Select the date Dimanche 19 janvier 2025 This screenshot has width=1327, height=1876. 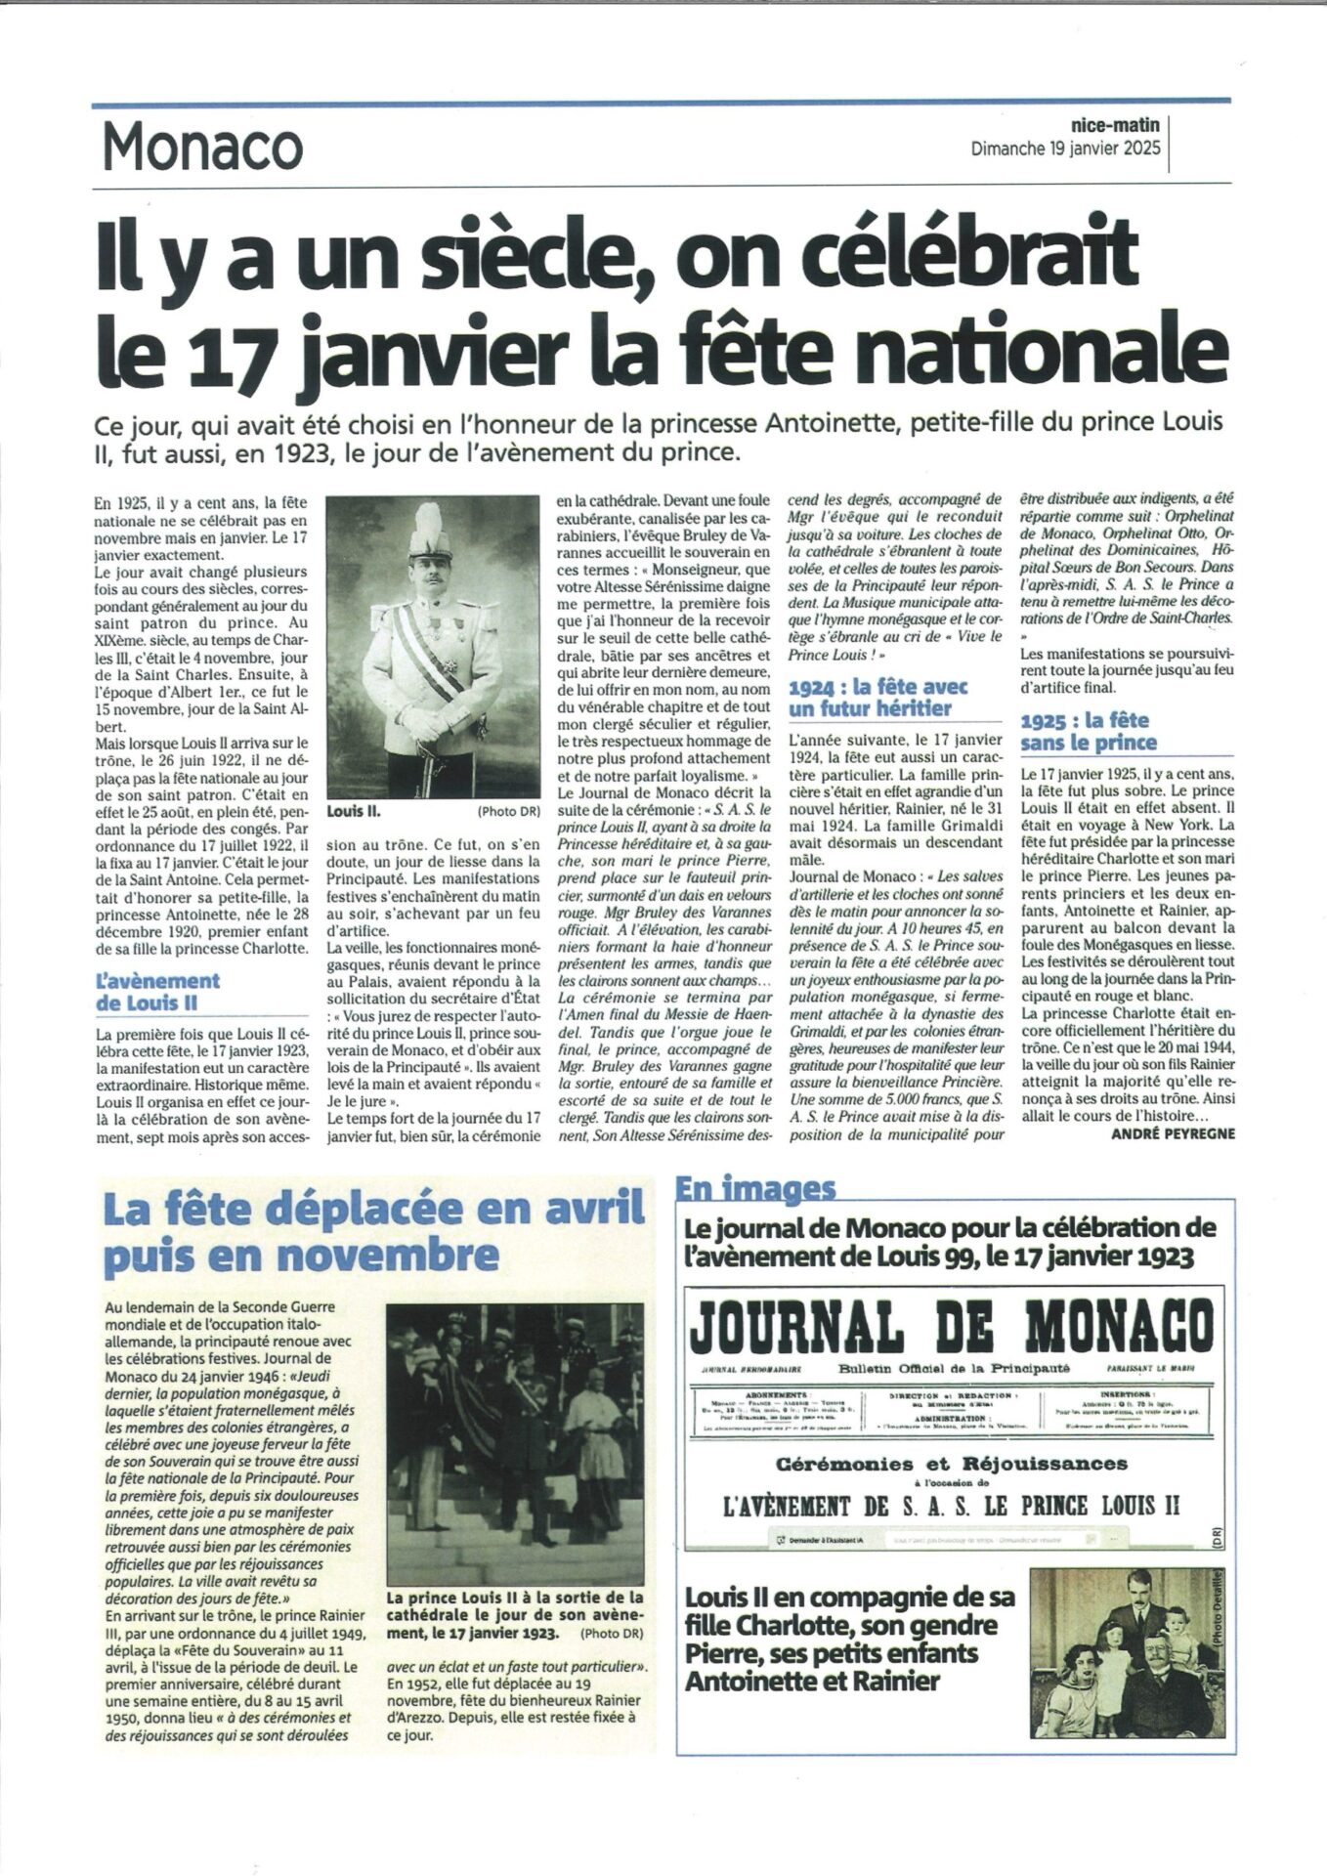(x=1065, y=149)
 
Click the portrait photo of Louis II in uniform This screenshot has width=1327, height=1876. (x=433, y=648)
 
